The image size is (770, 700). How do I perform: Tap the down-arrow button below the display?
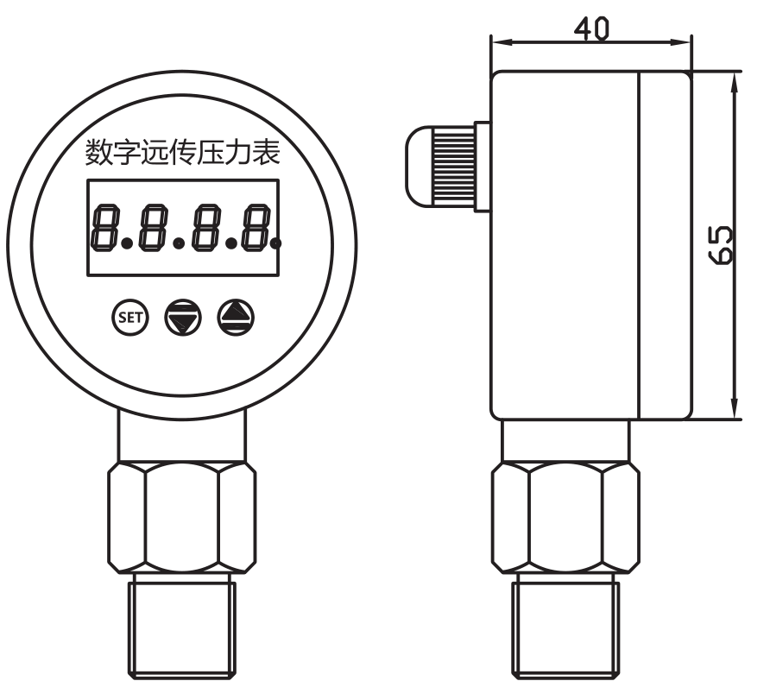pyautogui.click(x=182, y=318)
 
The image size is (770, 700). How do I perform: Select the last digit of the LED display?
pyautogui.click(x=256, y=228)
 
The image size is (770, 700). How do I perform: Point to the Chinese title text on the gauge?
pyautogui.click(x=182, y=153)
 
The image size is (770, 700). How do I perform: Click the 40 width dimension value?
pyautogui.click(x=591, y=28)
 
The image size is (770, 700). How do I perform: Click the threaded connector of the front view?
pyautogui.click(x=182, y=621)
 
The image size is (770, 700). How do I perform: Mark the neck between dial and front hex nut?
pyautogui.click(x=182, y=438)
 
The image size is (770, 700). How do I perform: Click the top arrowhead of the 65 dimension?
pyautogui.click(x=735, y=79)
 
